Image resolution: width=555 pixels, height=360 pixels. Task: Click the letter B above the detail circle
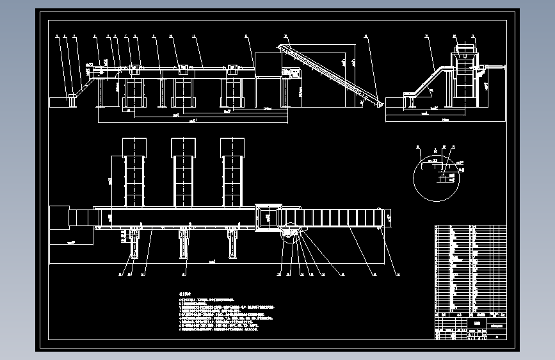(436, 151)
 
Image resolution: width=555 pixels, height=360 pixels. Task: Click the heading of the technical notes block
(184, 292)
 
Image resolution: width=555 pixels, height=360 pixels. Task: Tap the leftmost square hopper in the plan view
(135, 147)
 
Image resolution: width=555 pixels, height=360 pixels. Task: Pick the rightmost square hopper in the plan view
(232, 147)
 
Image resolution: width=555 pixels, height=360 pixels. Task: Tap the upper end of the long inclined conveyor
(282, 48)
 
